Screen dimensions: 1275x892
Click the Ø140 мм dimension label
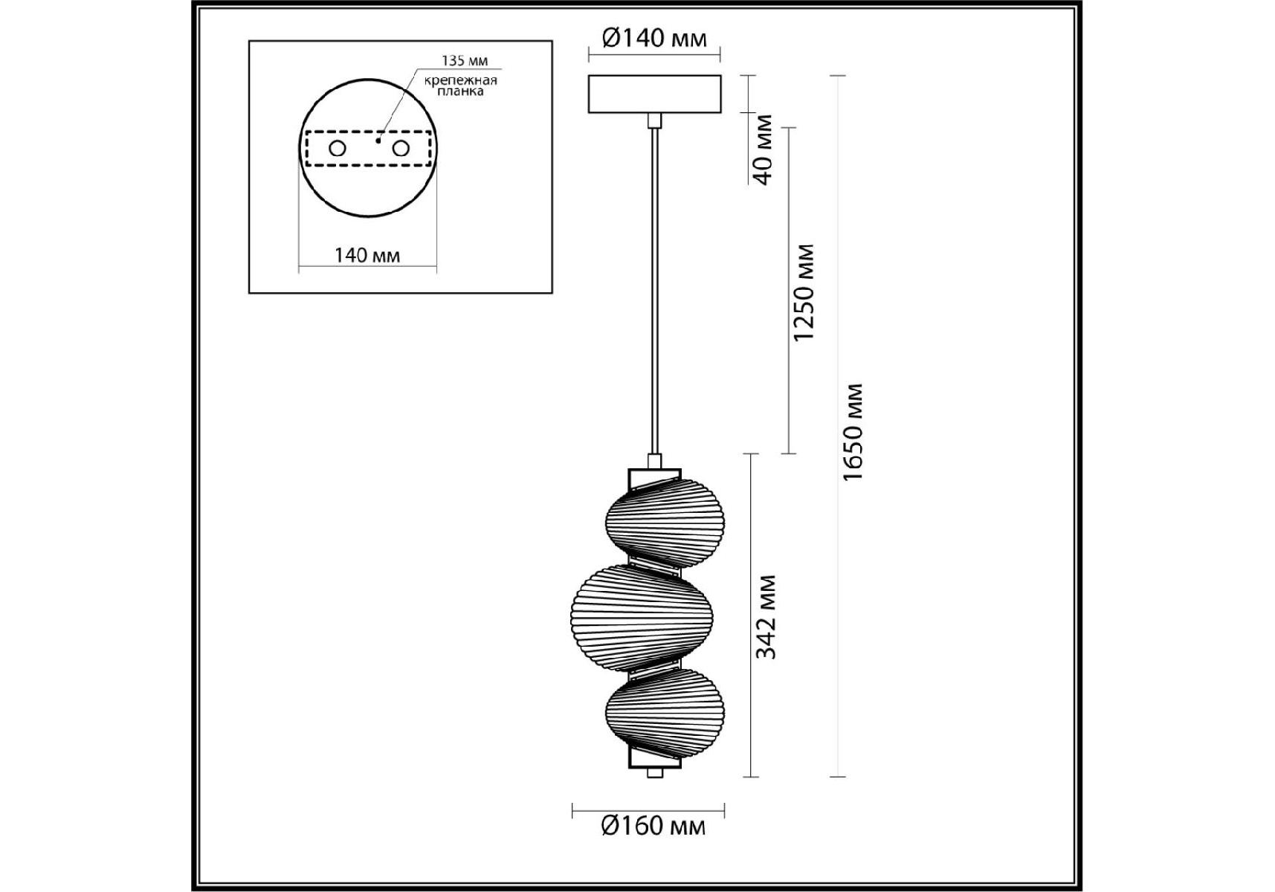point(654,37)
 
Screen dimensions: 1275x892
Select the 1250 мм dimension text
point(804,292)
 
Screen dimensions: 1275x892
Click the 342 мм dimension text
point(765,616)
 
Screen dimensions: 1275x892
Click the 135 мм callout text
point(465,61)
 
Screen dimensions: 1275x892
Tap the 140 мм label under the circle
point(367,256)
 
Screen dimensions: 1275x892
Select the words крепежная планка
point(460,85)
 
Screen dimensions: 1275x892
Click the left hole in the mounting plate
point(338,148)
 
